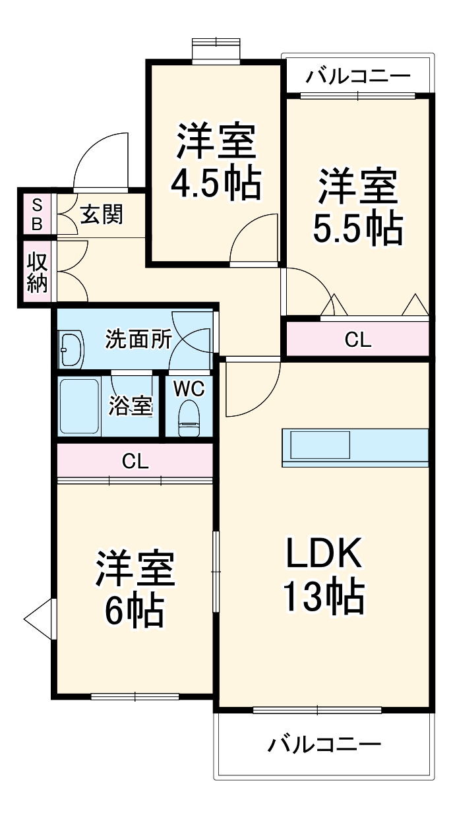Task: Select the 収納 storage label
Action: coord(37,272)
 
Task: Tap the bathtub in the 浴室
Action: coord(79,406)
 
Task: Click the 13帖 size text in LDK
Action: coord(323,597)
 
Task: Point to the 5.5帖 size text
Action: coord(357,228)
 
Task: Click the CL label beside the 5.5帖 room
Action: coord(358,340)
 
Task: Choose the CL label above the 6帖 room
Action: coord(135,462)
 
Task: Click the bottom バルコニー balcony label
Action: coord(324,745)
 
